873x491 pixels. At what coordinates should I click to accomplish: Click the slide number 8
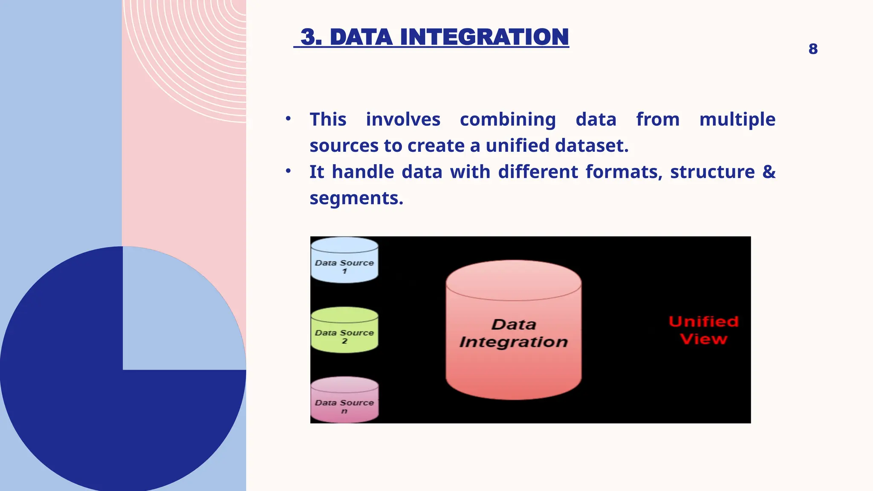coord(813,49)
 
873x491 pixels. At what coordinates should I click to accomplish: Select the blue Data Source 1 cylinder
coord(344,260)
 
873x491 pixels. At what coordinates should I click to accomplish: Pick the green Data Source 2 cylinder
coord(344,330)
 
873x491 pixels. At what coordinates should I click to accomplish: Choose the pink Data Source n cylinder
coord(344,400)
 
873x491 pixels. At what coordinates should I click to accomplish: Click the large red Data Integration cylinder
coord(514,330)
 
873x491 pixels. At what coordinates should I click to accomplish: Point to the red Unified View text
coord(703,330)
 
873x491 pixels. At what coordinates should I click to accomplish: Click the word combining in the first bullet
coord(508,119)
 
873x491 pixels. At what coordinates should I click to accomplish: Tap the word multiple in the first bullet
coord(737,119)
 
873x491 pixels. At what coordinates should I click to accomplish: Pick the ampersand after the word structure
coord(769,172)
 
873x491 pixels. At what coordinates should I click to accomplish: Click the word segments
coord(356,198)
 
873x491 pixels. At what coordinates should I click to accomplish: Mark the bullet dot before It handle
coord(288,171)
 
